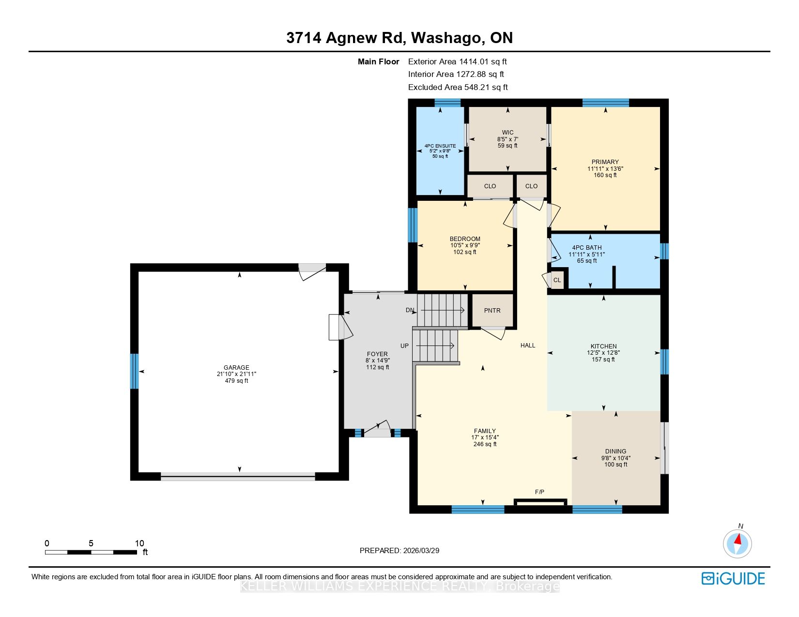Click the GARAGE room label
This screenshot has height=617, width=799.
click(236, 367)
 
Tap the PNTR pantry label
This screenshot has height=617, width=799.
click(492, 311)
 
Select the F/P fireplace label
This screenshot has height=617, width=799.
click(539, 492)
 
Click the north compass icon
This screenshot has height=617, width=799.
click(737, 543)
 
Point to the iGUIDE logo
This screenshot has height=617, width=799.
click(733, 578)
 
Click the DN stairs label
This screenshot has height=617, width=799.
click(410, 310)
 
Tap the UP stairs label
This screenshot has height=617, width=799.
click(404, 346)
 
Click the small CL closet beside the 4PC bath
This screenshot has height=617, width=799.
click(557, 280)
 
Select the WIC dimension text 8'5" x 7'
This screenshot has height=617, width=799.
click(508, 139)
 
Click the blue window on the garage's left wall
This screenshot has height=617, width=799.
click(135, 371)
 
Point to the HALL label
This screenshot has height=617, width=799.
click(528, 346)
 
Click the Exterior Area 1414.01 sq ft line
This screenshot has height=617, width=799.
click(458, 62)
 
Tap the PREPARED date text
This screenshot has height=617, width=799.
click(399, 551)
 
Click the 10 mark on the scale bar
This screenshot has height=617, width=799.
click(139, 543)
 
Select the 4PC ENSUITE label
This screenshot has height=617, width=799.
click(440, 146)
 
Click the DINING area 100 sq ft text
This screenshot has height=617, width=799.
click(616, 465)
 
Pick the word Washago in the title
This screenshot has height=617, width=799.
click(446, 38)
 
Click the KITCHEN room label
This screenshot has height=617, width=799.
click(603, 346)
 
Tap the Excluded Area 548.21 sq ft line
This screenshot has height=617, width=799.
click(458, 87)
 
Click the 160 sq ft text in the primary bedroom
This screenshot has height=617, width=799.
click(605, 175)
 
